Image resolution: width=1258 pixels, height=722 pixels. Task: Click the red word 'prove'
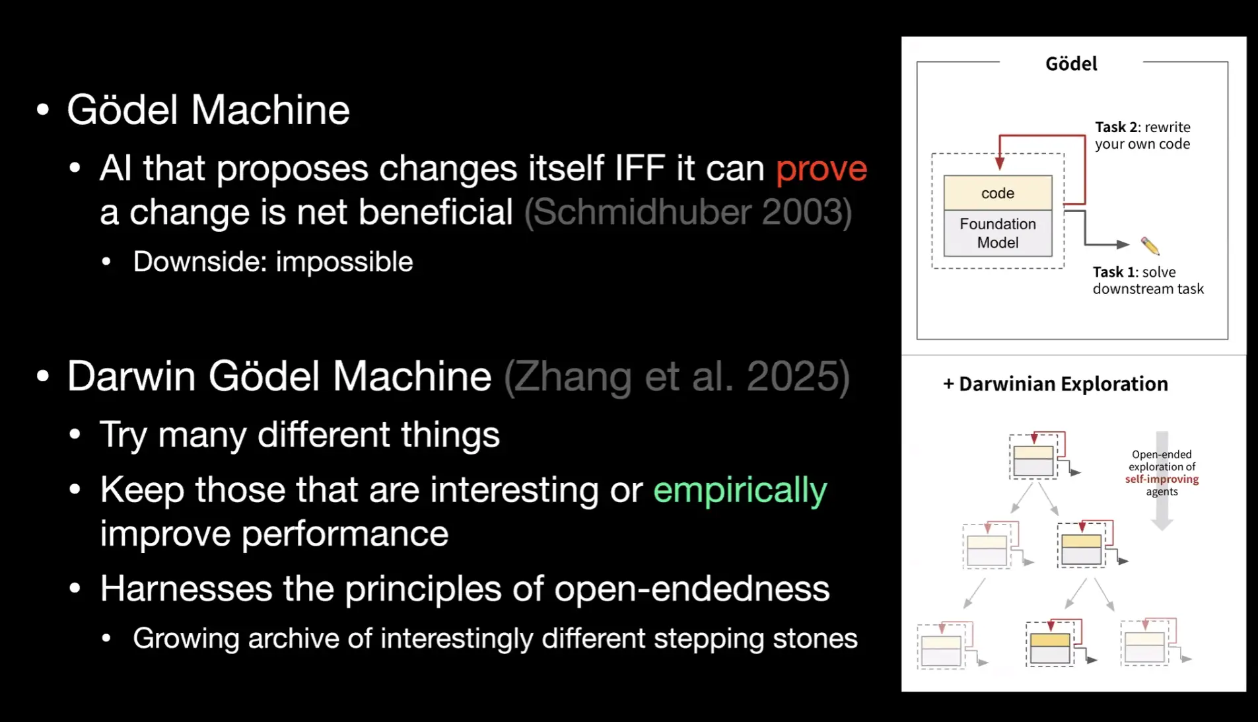tap(821, 169)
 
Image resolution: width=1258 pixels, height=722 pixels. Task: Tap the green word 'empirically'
tap(740, 491)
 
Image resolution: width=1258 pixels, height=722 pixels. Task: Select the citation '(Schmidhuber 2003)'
tap(688, 212)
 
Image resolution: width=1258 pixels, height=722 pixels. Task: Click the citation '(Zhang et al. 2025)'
tap(677, 377)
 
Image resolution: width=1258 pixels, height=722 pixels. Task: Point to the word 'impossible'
tap(345, 262)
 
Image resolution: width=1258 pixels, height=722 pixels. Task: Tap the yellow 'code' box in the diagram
tap(998, 193)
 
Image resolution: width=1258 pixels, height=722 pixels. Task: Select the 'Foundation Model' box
tap(998, 233)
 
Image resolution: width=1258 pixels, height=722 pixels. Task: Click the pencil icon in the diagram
tap(1150, 246)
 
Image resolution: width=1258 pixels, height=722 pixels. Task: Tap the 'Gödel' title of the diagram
tap(1071, 63)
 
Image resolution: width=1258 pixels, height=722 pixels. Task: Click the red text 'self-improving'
tap(1162, 479)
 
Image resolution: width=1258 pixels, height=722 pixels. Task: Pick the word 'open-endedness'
tap(691, 589)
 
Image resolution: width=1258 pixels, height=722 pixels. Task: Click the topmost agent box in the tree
tap(1033, 456)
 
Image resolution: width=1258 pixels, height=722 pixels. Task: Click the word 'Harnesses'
tap(186, 588)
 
